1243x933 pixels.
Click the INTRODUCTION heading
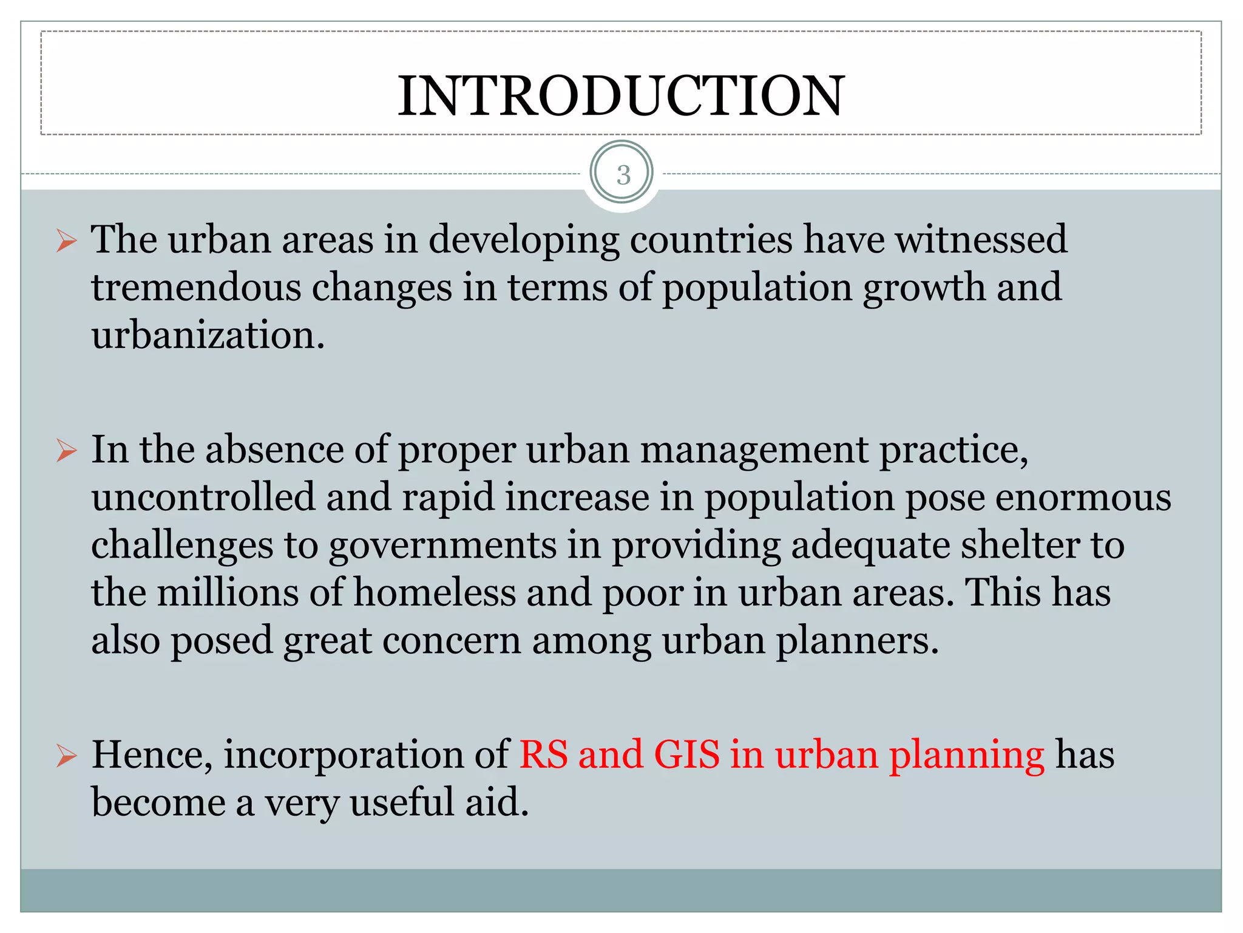click(621, 95)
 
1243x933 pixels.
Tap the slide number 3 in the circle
click(623, 175)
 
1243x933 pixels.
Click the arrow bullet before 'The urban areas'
click(66, 241)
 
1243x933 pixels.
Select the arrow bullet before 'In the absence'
click(66, 451)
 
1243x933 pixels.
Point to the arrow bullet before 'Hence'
click(66, 756)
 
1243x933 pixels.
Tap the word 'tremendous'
click(195, 287)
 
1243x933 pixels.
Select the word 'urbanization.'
click(208, 335)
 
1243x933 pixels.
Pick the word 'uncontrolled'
click(203, 497)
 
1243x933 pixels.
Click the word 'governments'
click(442, 545)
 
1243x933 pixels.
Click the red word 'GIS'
click(686, 755)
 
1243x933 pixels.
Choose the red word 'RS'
click(543, 755)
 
